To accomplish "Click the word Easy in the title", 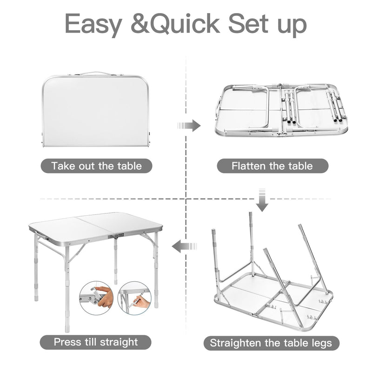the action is point(93,24).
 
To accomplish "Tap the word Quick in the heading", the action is point(185,23).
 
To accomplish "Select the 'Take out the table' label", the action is point(97,166).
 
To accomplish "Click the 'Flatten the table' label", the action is point(272,166).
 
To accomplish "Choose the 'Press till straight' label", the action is point(96,342).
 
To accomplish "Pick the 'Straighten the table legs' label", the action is point(272,343).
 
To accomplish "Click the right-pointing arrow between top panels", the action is point(189,126).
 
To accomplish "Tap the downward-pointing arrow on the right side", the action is point(262,200).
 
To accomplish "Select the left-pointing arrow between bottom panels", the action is point(184,247).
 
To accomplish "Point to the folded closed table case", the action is point(96,109).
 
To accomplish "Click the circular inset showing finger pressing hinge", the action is point(96,298).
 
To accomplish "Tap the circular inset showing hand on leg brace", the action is point(134,298).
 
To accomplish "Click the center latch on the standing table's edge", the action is point(116,236).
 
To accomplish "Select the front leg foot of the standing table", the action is point(67,329).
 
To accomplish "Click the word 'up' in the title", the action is point(292,26).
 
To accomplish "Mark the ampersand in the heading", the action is point(140,23).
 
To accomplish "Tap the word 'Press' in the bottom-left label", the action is point(67,342).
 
